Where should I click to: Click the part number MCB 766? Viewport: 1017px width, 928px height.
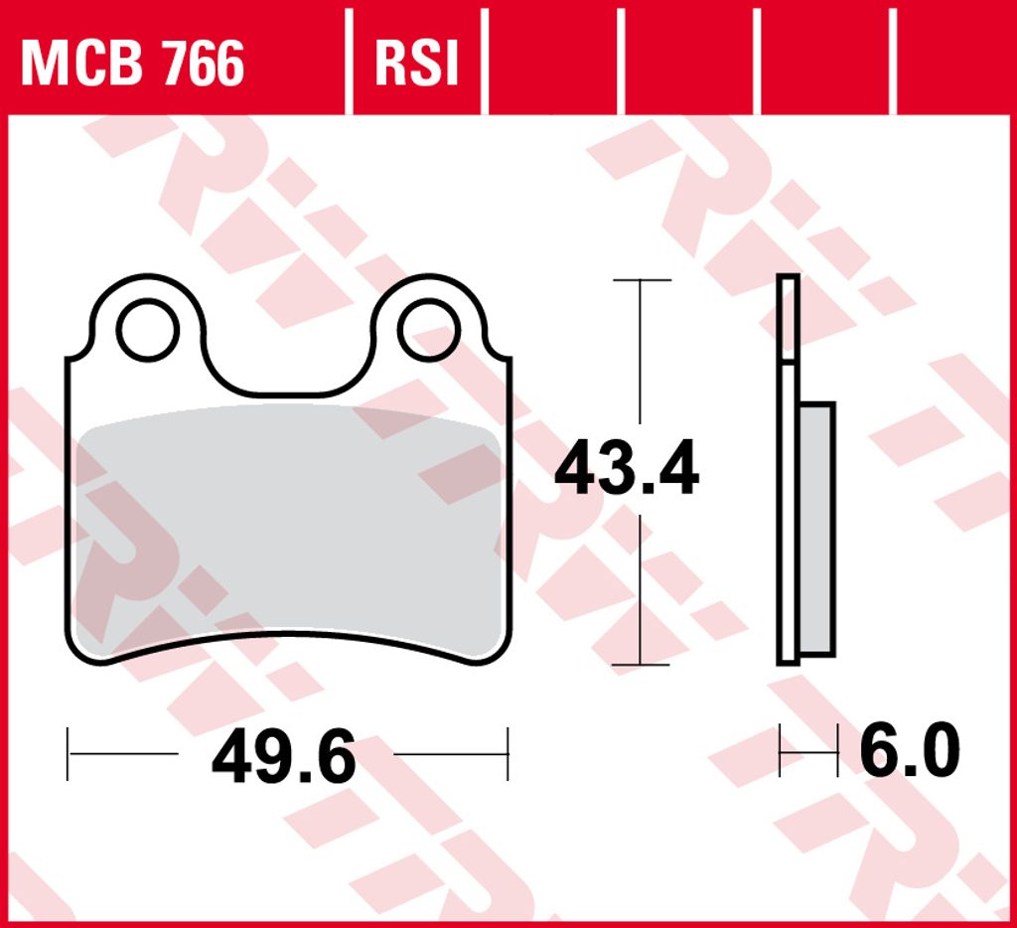[132, 63]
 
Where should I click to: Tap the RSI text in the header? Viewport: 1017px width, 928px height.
[417, 63]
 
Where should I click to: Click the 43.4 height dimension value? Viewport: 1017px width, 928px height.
[627, 468]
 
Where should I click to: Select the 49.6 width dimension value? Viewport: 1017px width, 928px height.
[284, 755]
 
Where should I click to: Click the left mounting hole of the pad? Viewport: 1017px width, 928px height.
[148, 330]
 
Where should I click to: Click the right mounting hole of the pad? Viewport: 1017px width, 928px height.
[429, 330]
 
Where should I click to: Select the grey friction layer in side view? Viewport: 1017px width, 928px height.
[816, 529]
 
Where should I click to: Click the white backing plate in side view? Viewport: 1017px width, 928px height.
[788, 470]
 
